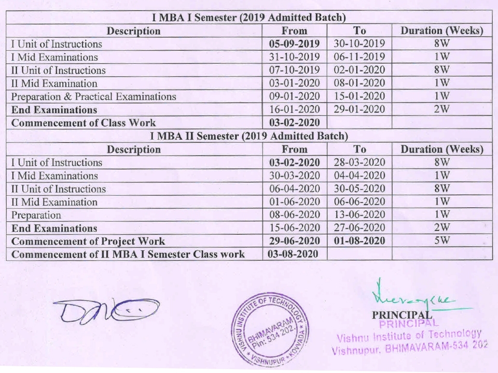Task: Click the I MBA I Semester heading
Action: [x=249, y=18]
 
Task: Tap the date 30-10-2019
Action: [x=359, y=44]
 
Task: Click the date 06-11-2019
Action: [x=359, y=57]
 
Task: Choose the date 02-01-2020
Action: [x=359, y=70]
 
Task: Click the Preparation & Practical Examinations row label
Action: [x=93, y=97]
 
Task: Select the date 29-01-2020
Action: [x=359, y=110]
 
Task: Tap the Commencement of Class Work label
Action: [x=83, y=123]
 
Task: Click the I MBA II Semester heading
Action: [x=249, y=136]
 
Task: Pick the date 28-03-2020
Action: [x=359, y=162]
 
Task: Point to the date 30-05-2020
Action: [x=359, y=188]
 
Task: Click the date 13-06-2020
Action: [x=359, y=215]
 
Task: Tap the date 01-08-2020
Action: [x=359, y=241]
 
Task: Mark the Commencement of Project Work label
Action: [x=88, y=241]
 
